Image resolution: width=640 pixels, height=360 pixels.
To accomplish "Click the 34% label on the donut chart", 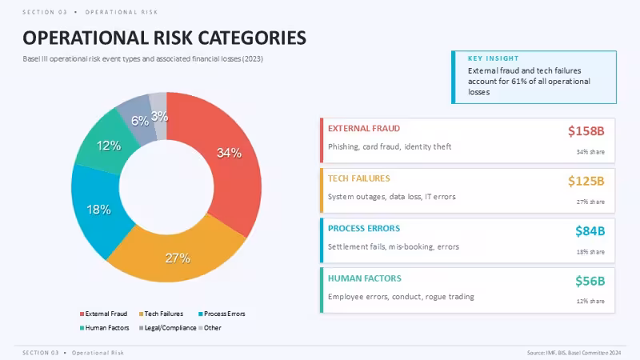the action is pos(229,153).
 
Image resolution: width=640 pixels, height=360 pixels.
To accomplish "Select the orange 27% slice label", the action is pos(178,258).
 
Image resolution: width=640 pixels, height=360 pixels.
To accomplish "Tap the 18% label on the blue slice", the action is pos(98,210).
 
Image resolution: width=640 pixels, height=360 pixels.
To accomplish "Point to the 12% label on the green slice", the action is pos(109,146).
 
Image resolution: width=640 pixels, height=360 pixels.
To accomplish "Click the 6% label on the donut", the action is pos(140,121).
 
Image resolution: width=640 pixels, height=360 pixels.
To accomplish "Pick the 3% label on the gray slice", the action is pos(159,116).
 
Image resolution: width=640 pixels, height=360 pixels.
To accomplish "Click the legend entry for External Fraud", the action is pos(104,314).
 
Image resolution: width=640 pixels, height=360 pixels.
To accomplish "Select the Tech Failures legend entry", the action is pos(162,314).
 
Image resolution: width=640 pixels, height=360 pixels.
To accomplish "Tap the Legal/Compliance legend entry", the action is pos(168,328).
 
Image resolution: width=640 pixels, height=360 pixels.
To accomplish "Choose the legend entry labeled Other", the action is pos(210,328).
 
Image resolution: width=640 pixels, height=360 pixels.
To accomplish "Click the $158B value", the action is pos(586,131).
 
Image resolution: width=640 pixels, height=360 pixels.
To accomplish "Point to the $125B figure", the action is pos(586,181).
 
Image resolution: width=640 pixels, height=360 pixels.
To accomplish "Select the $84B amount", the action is pos(590,231).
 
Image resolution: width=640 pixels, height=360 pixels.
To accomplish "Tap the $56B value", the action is pos(590,281).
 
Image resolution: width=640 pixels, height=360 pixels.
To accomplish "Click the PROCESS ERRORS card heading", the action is pos(364,229).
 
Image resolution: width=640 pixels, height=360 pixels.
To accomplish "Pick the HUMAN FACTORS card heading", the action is pos(365,278).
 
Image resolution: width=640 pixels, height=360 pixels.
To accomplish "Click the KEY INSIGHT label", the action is pos(493,58).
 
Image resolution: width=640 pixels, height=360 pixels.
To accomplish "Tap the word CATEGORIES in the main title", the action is pos(251,38).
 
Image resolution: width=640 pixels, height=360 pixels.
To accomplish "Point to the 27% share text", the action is pos(590,202).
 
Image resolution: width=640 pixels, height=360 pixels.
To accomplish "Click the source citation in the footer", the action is pos(574,353).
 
